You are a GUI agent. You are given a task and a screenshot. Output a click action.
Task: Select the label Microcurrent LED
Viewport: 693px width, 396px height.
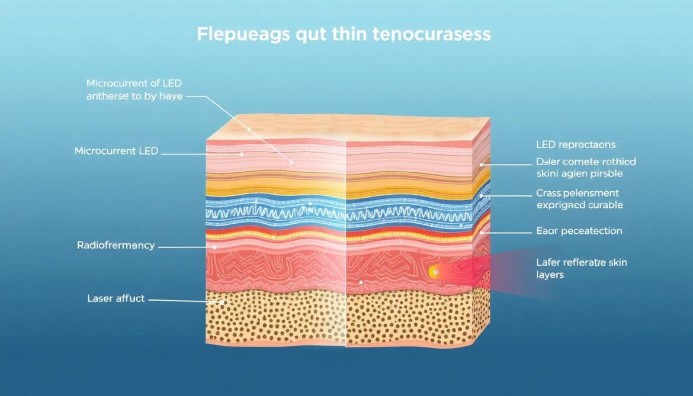116,151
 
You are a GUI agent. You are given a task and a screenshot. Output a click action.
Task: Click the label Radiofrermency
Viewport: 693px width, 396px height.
115,244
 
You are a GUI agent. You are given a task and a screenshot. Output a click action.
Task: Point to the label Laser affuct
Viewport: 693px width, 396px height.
115,298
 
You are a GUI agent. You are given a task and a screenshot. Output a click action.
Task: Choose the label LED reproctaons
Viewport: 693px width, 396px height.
575,144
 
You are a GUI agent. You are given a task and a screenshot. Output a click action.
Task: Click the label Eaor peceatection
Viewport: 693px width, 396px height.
579,231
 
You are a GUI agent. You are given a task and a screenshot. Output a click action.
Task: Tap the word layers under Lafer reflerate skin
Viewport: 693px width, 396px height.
550,275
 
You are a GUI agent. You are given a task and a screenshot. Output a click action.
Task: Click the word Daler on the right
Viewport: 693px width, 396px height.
550,162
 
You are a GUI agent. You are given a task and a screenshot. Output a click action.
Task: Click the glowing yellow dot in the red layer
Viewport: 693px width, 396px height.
434,272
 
